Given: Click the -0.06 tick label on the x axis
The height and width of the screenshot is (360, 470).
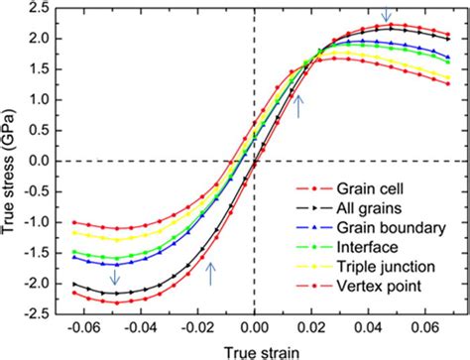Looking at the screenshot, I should (73, 326).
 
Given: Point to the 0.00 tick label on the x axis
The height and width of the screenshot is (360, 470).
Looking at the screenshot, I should (255, 326).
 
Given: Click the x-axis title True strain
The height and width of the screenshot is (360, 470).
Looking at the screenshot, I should (255, 348).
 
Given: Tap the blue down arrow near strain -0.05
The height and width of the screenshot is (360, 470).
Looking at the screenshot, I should (116, 279).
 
